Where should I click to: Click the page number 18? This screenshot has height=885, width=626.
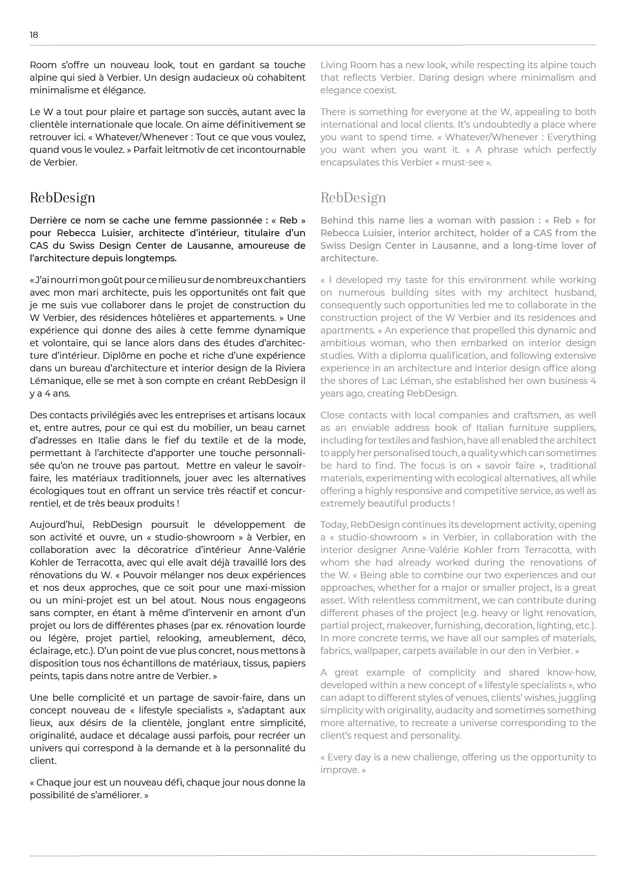[x=34, y=35]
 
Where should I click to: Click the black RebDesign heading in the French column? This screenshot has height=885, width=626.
[x=62, y=198]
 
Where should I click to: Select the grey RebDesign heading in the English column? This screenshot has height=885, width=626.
[x=353, y=198]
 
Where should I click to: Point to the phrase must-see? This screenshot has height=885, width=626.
[x=463, y=162]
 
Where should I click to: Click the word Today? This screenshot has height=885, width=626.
[x=333, y=525]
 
